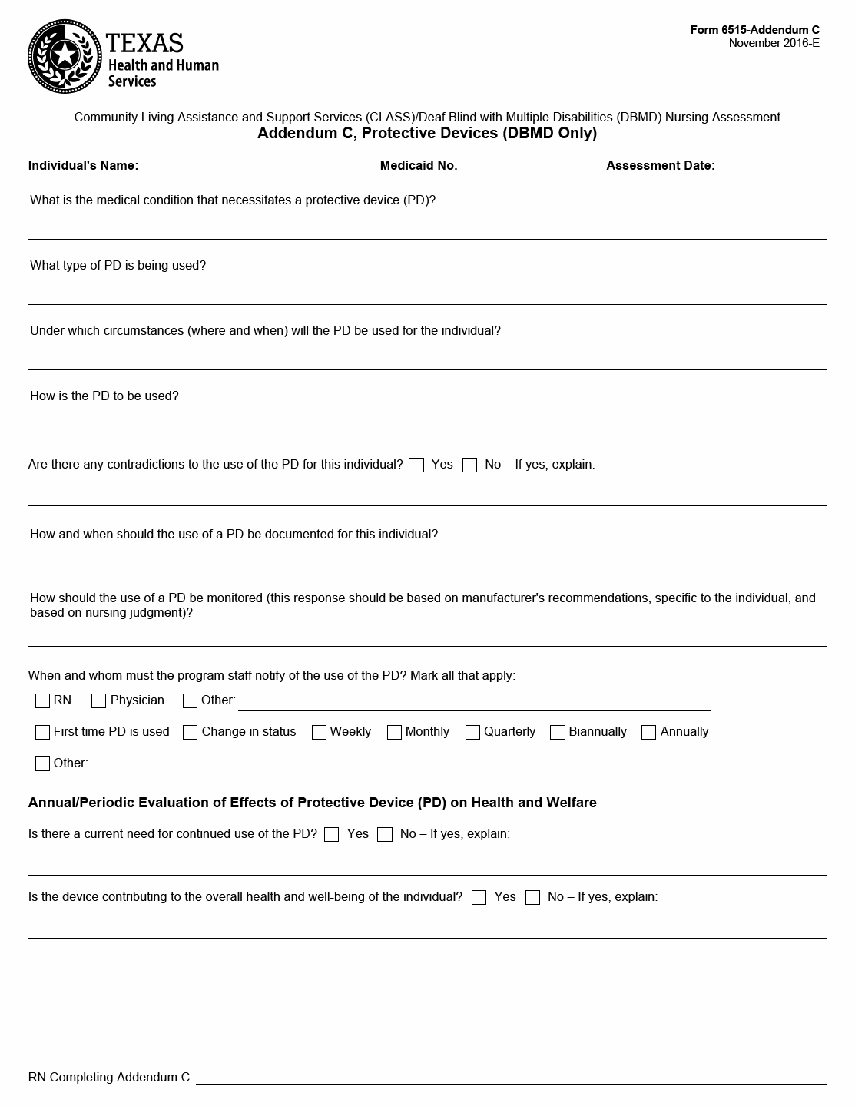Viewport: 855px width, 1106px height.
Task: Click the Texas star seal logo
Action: [65, 56]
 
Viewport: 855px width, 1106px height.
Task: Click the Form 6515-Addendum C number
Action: [754, 30]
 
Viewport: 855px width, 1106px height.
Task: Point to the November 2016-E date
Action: [774, 43]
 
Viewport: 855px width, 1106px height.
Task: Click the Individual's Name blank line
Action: [256, 167]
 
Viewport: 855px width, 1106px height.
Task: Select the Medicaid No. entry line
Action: [530, 167]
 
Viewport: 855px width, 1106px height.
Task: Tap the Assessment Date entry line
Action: [770, 167]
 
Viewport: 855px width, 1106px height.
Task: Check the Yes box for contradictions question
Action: [416, 465]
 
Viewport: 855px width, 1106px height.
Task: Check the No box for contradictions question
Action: [470, 465]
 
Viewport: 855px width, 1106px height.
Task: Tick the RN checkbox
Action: [43, 700]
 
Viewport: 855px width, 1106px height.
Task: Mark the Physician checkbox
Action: [98, 700]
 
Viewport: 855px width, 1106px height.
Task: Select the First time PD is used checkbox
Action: [43, 732]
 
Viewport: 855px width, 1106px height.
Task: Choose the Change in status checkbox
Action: [191, 732]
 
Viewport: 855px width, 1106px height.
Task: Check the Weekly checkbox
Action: [319, 732]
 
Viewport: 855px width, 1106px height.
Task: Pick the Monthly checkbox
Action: [394, 732]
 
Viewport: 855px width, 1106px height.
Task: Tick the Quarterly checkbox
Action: [472, 732]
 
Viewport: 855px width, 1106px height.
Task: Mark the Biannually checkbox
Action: [558, 732]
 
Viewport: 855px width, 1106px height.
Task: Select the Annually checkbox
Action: [648, 732]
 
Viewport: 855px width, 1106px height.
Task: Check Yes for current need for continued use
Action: [332, 834]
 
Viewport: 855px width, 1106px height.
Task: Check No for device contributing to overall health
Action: [532, 897]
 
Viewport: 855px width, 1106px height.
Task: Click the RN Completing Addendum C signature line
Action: [511, 1078]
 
